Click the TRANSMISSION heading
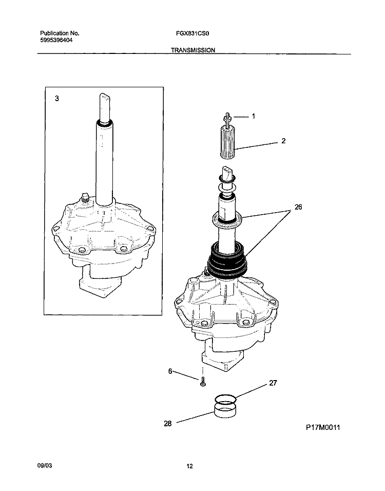click(x=194, y=50)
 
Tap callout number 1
click(x=253, y=117)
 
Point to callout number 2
click(x=283, y=140)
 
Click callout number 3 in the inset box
click(x=56, y=98)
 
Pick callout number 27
click(x=273, y=383)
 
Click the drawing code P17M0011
click(x=323, y=427)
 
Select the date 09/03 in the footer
click(x=46, y=465)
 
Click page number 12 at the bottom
click(x=189, y=466)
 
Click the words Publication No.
click(x=60, y=32)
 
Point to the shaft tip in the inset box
click(x=105, y=99)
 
